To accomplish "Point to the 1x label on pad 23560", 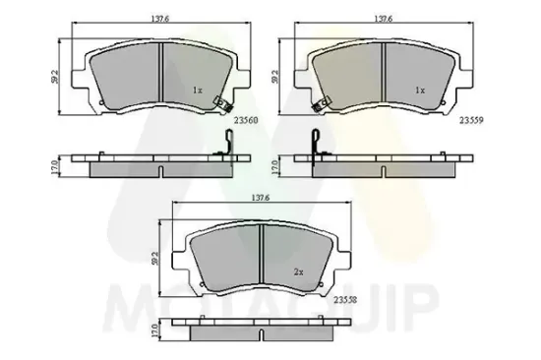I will [197, 90].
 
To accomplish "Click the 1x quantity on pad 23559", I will [420, 90].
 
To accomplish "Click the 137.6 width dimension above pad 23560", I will [158, 19].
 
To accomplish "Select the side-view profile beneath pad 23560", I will [157, 165].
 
